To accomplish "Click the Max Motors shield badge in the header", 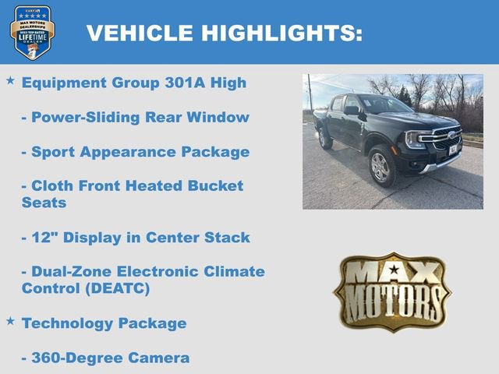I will (x=32, y=32).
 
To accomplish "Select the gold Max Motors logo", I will (x=392, y=291).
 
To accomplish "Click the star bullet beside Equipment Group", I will (x=10, y=80).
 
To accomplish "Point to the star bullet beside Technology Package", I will (x=10, y=320).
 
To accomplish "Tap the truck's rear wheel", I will (x=324, y=139).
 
